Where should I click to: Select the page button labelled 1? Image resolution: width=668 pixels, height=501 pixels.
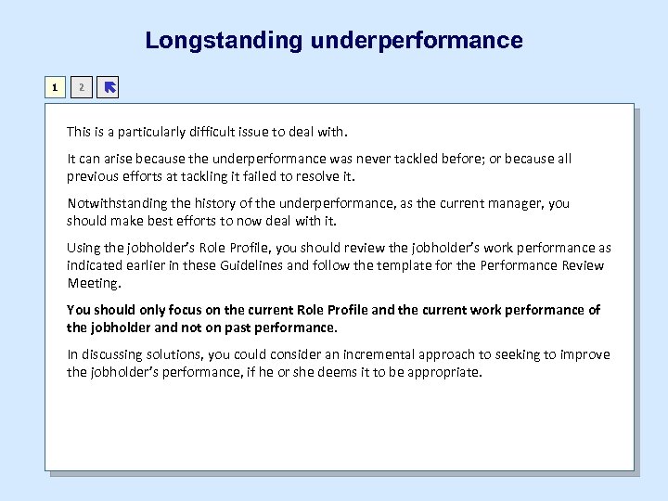[57, 88]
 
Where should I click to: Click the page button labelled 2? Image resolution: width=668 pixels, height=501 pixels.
[82, 88]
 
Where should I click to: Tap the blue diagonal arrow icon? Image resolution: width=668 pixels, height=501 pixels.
[109, 88]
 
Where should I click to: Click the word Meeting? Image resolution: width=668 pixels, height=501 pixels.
[93, 283]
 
